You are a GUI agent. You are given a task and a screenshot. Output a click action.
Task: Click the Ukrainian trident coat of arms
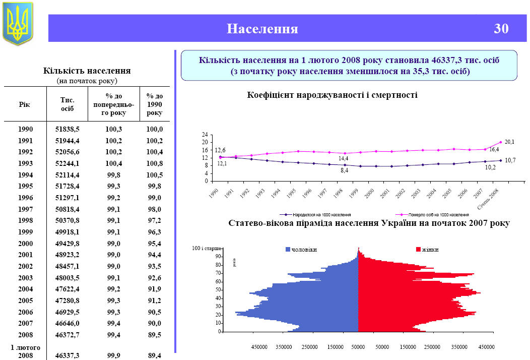[18, 23]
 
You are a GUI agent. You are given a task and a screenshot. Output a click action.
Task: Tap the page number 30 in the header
[501, 29]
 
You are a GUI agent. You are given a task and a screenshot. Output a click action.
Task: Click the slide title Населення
[262, 29]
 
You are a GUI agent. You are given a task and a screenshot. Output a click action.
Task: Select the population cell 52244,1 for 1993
[67, 164]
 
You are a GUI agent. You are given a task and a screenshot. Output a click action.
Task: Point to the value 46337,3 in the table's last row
[67, 355]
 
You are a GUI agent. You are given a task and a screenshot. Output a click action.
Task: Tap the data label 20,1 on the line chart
[509, 142]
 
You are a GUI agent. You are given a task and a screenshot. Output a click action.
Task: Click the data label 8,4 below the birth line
[345, 171]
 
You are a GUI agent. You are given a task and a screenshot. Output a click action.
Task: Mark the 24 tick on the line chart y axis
[205, 135]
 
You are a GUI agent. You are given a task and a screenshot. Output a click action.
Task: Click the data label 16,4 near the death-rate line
[494, 149]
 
